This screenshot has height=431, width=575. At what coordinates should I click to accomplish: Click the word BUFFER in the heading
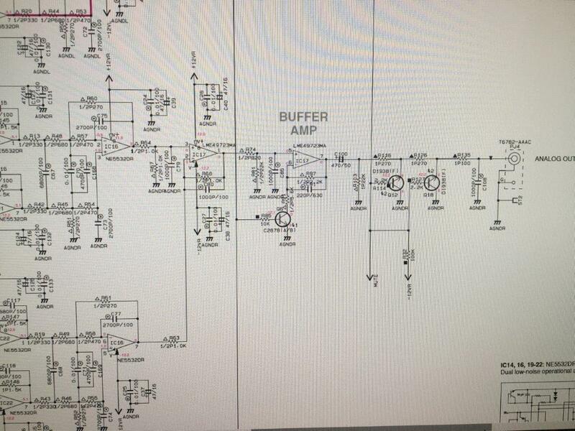[304, 117]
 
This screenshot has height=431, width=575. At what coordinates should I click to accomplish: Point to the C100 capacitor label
[341, 154]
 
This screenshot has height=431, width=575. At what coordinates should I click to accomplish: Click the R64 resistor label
[145, 143]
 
